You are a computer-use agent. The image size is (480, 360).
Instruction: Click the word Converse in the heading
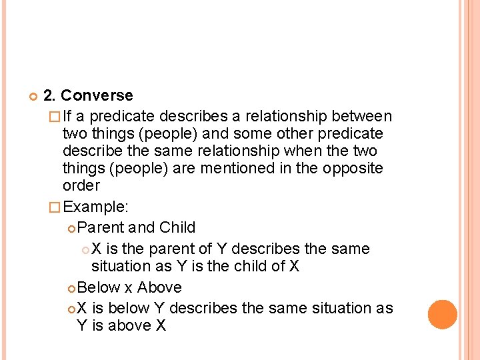[x=97, y=96]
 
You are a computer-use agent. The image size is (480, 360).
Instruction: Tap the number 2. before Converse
[x=50, y=96]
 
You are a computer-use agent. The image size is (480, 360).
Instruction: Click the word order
[x=81, y=186]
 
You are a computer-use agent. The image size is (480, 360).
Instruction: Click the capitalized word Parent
[x=101, y=227]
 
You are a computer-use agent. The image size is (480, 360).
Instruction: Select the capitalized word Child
[x=177, y=227]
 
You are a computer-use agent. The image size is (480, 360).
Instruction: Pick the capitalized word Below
[x=98, y=287]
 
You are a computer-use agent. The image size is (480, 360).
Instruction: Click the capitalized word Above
[x=159, y=287]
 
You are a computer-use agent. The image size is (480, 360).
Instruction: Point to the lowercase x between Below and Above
[x=128, y=288]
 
